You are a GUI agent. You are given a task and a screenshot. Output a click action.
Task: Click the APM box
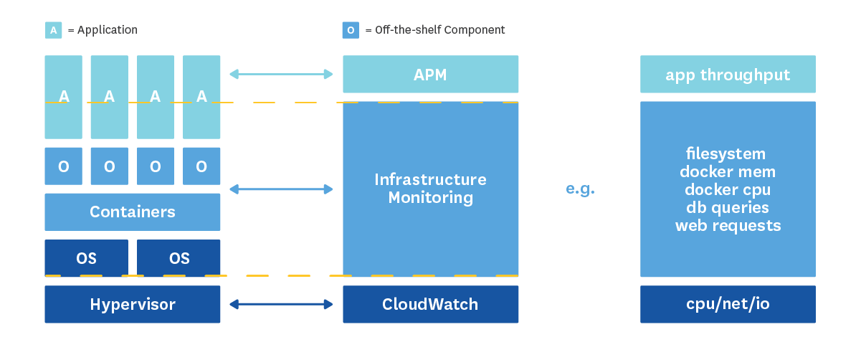[x=430, y=75]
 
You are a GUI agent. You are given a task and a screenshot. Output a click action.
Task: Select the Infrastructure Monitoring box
[x=430, y=189]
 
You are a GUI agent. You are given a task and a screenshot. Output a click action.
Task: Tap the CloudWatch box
[x=430, y=304]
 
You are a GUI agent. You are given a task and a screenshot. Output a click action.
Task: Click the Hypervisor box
[x=133, y=304]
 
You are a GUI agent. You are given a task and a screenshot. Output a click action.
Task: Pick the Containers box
[x=133, y=212]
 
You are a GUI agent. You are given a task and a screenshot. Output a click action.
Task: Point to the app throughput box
[x=728, y=75]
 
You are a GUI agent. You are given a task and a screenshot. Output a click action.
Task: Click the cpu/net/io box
[x=728, y=304]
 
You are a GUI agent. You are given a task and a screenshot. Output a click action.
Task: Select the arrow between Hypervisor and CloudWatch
[x=281, y=304]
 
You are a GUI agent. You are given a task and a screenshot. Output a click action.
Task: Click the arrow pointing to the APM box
[x=281, y=74]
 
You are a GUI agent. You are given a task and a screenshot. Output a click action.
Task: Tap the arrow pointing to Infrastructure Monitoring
[x=281, y=189]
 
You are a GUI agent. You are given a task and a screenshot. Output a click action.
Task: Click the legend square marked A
[x=53, y=30]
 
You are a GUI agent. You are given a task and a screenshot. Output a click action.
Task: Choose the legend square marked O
[x=351, y=30]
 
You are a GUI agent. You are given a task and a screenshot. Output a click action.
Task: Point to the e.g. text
[x=581, y=189]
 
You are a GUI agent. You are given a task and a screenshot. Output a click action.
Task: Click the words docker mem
[x=728, y=172]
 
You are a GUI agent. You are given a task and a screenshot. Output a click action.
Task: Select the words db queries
[x=728, y=208]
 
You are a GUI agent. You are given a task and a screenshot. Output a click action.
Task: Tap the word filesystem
[x=726, y=154]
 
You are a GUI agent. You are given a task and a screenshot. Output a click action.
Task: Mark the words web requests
[x=728, y=226]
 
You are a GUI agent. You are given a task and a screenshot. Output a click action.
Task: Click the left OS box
[x=86, y=258]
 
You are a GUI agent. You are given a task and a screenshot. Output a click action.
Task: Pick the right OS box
[x=179, y=258]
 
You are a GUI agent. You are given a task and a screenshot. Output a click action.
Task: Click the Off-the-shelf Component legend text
[x=435, y=30]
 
